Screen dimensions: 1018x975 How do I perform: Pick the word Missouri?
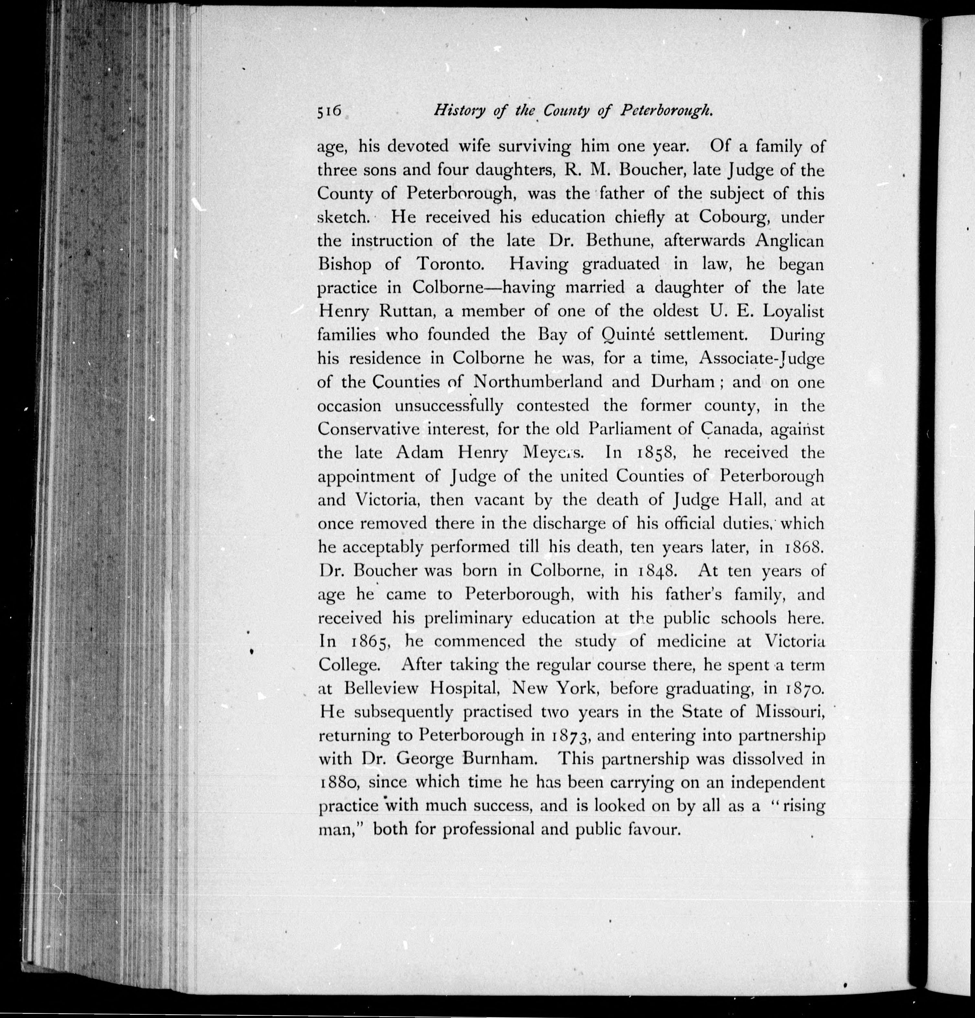click(789, 712)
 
